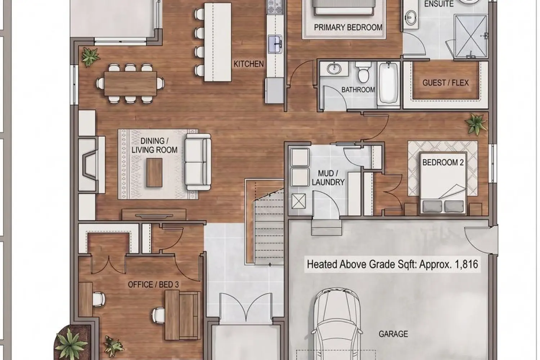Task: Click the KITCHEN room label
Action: point(248,64)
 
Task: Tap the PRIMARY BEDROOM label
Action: point(348,27)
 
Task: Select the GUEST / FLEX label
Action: point(446,83)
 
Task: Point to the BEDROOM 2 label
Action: point(443,162)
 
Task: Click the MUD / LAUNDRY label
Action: point(328,178)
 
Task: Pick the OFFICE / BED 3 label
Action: point(153,284)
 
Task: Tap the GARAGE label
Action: point(393,334)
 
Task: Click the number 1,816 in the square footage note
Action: point(466,264)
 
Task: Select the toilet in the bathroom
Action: point(363,72)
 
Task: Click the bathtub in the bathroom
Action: point(388,84)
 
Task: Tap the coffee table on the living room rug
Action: point(154,172)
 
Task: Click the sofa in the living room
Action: point(198,162)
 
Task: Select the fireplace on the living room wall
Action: point(91,165)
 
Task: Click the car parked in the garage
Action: point(337,324)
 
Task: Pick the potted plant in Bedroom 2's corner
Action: point(476,124)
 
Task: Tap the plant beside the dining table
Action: point(90,57)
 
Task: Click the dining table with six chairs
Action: point(130,84)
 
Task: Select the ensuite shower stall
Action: point(471,36)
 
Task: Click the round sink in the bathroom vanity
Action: point(334,69)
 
